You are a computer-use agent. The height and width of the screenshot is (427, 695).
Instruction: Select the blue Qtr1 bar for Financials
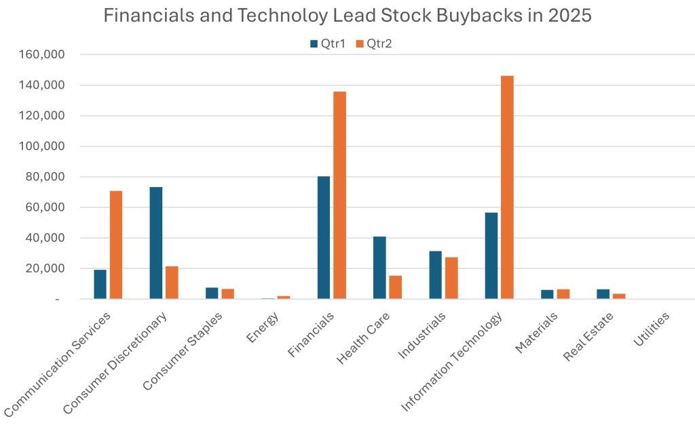[324, 237]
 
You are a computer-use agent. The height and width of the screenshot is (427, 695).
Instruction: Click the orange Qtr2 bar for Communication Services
[116, 245]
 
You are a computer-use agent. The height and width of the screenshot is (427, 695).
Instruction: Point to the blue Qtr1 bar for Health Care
[379, 268]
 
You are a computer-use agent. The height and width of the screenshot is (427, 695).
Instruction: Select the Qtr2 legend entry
[375, 44]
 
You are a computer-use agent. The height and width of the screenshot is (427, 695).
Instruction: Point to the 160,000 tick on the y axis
[43, 54]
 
